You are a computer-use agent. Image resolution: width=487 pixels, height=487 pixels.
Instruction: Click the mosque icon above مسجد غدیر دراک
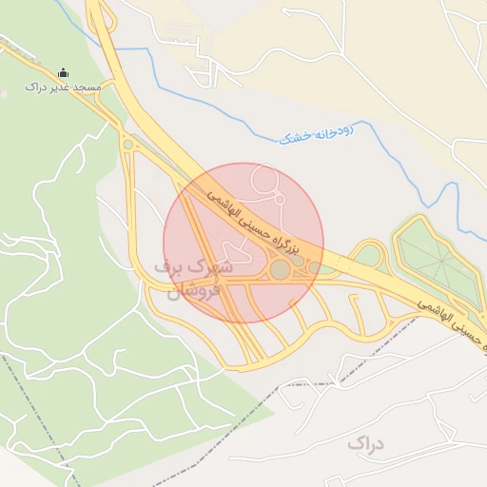click(x=64, y=73)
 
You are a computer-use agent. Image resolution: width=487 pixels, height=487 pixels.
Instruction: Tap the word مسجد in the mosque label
click(x=88, y=88)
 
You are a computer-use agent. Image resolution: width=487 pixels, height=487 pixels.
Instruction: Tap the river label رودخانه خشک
click(x=316, y=132)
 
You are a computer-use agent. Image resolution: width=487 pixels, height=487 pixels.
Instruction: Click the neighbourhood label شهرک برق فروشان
click(x=194, y=280)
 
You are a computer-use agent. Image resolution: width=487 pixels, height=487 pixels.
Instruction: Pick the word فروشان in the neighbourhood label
click(x=194, y=290)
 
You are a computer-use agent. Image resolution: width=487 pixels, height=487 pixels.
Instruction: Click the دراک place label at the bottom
click(x=365, y=444)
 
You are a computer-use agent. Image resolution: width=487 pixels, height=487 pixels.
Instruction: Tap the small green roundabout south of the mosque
click(x=128, y=145)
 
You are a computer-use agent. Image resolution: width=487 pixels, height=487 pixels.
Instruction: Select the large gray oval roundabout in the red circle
click(x=281, y=270)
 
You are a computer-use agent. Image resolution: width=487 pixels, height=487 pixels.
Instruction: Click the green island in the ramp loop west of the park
click(x=367, y=255)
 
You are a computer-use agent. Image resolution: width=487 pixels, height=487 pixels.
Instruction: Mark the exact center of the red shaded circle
click(x=243, y=243)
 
